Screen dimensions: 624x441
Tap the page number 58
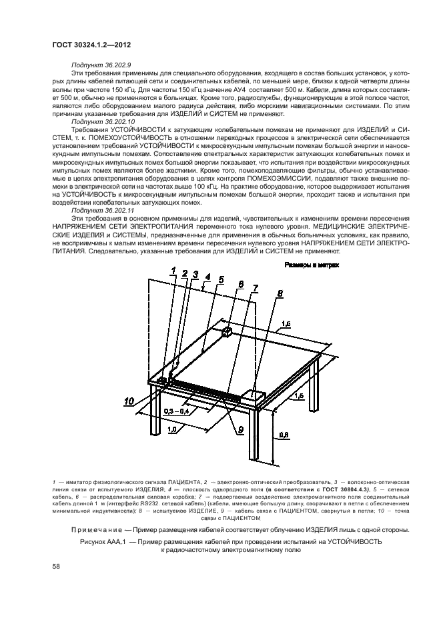pyautogui.click(x=55, y=566)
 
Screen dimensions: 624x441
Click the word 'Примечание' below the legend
pyautogui.click(x=96, y=529)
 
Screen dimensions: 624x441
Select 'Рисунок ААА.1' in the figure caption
pyautogui.click(x=103, y=542)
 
